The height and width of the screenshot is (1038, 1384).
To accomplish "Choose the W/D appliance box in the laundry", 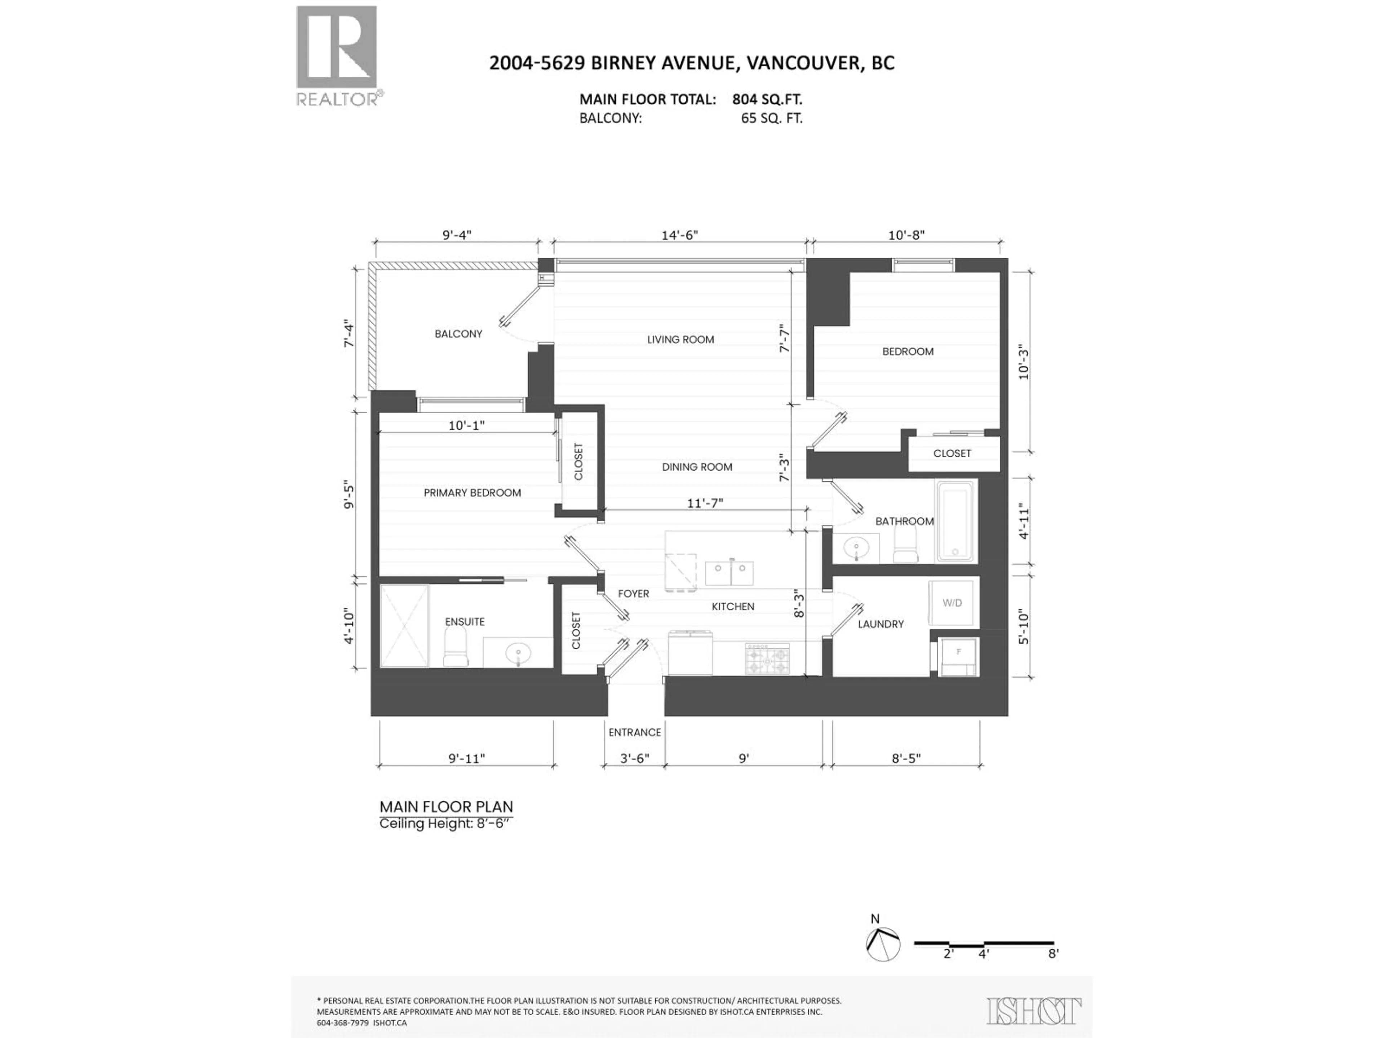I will point(951,603).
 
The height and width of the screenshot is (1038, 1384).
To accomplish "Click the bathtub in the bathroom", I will point(955,521).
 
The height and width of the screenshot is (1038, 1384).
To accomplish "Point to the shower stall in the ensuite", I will point(404,626).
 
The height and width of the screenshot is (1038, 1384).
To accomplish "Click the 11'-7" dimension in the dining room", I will point(705,503).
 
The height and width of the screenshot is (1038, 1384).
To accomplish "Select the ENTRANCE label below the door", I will point(634,732).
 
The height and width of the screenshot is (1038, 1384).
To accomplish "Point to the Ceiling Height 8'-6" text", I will point(445,824).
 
